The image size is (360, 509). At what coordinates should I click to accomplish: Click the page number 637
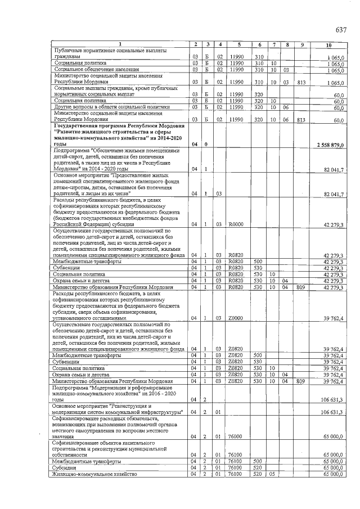340,30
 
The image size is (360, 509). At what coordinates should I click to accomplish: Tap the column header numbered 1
119,44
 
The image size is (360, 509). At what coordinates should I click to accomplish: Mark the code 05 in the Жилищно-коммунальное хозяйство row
272,474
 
